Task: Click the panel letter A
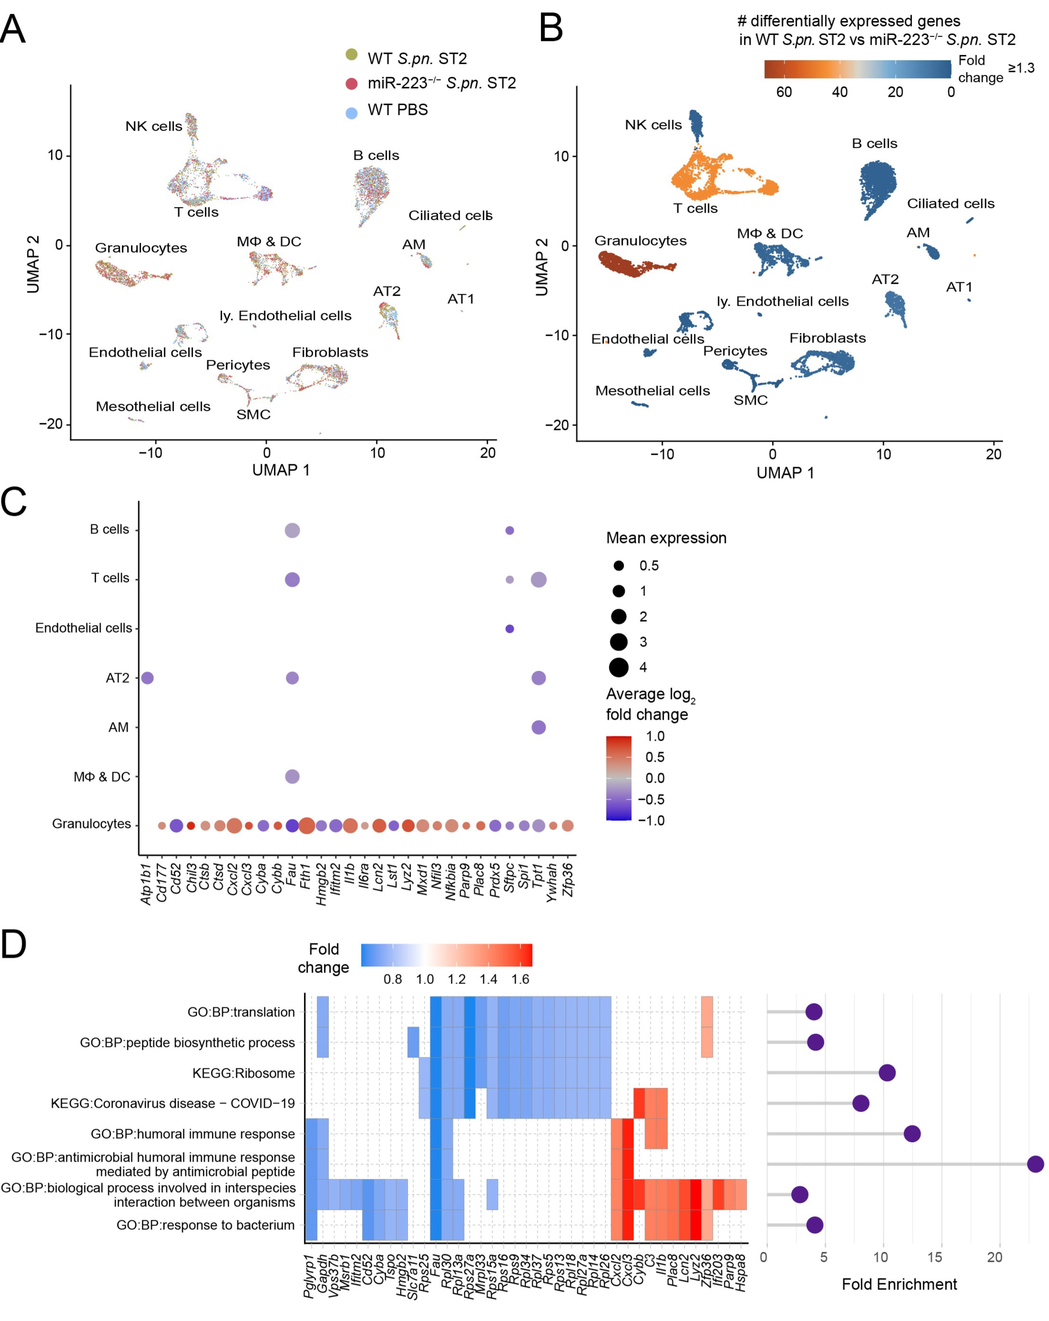coord(13,29)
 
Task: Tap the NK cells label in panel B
coord(653,125)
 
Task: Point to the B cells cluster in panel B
coord(877,184)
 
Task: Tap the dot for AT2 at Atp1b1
coord(147,678)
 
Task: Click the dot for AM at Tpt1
coord(538,727)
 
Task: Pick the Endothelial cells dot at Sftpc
coord(509,629)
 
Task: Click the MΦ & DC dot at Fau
coord(292,776)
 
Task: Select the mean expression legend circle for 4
coord(619,667)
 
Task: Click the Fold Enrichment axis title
coord(899,1284)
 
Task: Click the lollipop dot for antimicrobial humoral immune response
coord(1035,1164)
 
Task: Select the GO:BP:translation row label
coord(241,1012)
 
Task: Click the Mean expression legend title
coord(666,538)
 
